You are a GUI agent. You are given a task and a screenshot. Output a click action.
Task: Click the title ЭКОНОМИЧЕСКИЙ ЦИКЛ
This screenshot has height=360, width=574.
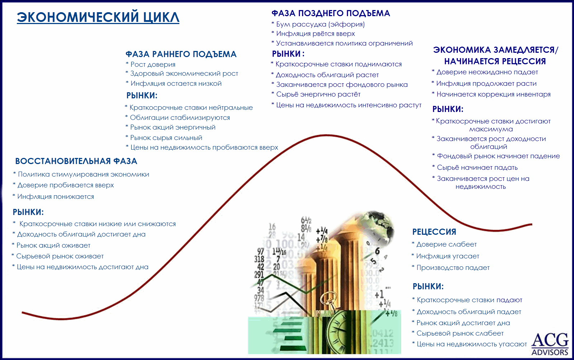[x=98, y=17]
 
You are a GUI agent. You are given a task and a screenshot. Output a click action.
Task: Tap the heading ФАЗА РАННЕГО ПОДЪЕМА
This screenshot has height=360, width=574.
[x=181, y=54]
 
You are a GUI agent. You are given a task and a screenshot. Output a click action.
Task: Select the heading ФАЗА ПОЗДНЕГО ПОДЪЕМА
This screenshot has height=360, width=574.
[x=330, y=13]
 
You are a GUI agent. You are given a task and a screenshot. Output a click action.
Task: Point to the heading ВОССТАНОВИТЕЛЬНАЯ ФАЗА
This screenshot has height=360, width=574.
[x=76, y=161]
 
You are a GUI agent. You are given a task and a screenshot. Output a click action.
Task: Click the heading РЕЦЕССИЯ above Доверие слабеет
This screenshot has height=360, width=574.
[x=434, y=232]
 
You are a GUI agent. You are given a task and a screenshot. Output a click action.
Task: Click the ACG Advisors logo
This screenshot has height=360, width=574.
[x=550, y=344]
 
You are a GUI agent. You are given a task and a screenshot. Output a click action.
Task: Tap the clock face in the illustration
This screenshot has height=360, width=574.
[x=339, y=331]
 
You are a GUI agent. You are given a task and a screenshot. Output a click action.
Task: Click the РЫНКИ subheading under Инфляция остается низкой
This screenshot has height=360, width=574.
[x=142, y=95]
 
